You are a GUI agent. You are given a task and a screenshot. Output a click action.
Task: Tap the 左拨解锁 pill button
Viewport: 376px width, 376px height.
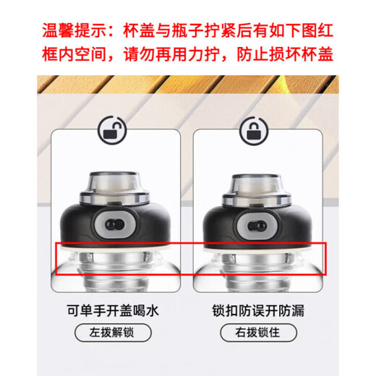pyautogui.click(x=113, y=333)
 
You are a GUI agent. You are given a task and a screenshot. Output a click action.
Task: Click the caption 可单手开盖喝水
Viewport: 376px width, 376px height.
pyautogui.click(x=113, y=311)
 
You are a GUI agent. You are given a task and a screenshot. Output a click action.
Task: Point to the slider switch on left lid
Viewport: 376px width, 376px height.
pyautogui.click(x=112, y=222)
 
